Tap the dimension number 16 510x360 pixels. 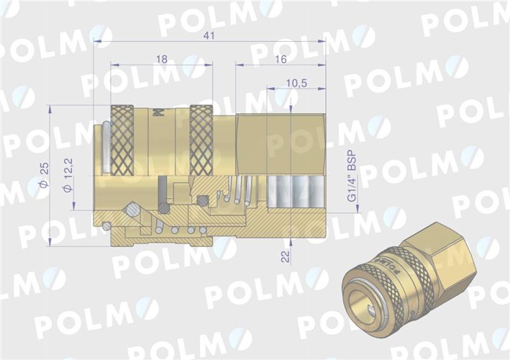click(281, 60)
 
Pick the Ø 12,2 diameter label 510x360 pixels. click(67, 177)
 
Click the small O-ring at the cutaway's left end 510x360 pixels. click(107, 226)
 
